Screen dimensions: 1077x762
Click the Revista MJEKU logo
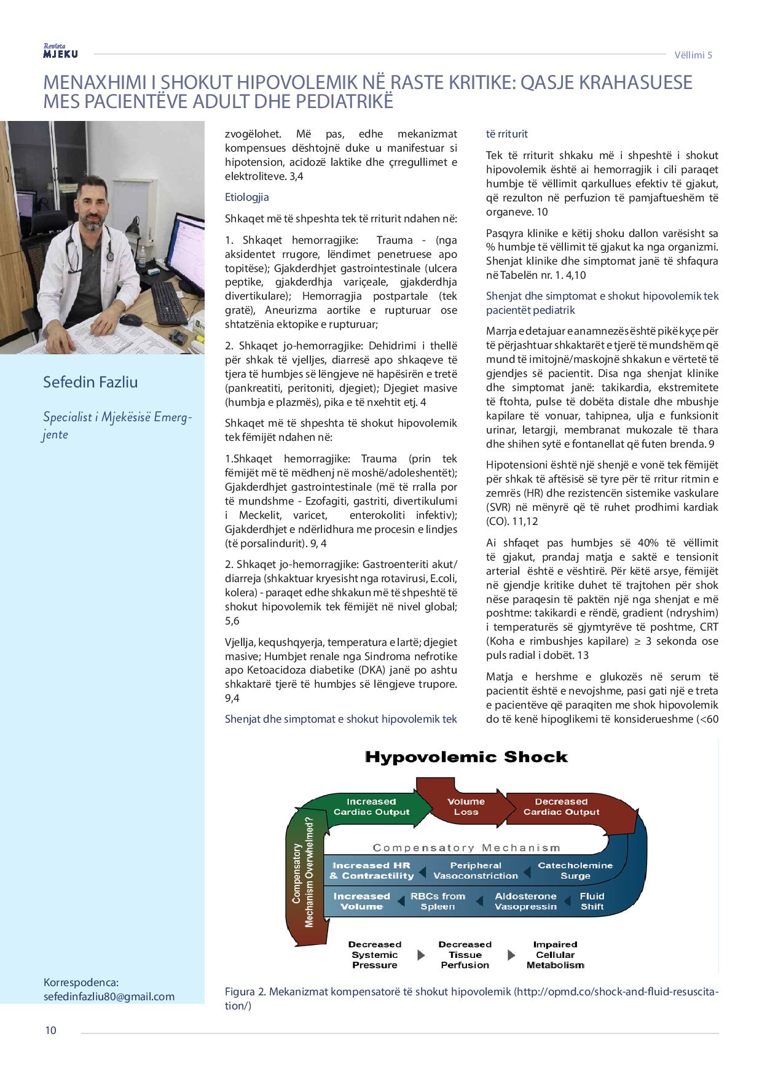point(60,52)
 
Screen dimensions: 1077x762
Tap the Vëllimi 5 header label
point(693,55)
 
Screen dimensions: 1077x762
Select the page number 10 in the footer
point(50,1030)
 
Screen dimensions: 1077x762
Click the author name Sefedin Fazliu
point(90,382)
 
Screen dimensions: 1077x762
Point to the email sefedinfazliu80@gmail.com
point(109,996)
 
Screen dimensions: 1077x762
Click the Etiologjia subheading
point(246,197)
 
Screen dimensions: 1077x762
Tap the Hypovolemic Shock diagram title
point(466,756)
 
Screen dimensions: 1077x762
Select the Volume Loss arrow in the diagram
point(466,806)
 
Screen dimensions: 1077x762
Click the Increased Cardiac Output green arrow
point(371,806)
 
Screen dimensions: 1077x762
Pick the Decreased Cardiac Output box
point(561,806)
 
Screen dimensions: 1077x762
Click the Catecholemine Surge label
point(575,870)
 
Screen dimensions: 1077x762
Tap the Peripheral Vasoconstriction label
point(476,870)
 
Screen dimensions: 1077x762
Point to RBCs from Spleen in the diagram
point(438,901)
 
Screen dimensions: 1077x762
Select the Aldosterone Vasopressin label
point(525,901)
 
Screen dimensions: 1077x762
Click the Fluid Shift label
point(592,901)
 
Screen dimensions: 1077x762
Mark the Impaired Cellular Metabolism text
point(555,955)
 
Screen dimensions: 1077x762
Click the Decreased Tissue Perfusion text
point(465,955)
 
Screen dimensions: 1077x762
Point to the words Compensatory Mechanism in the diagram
point(466,848)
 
